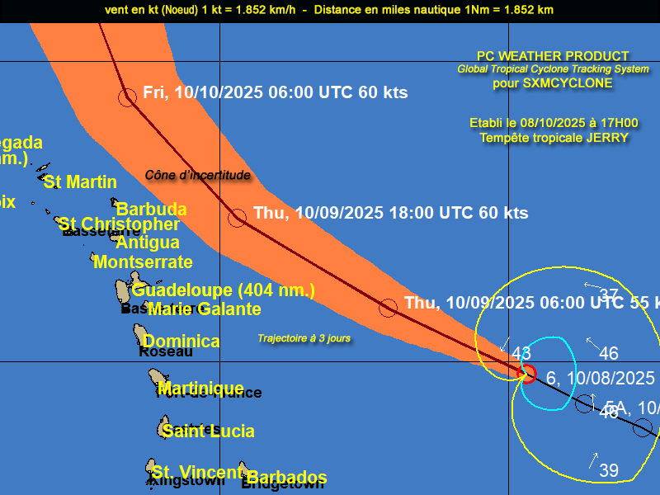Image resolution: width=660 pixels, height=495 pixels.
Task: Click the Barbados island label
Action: tap(286, 478)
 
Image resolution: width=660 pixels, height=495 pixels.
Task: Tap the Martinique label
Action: tap(200, 388)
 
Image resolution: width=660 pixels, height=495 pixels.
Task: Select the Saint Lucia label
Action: tap(208, 431)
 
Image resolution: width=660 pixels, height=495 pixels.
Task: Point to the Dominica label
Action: tap(181, 342)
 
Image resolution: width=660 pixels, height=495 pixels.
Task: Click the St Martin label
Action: tap(80, 182)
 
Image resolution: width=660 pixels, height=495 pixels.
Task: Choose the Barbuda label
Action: tap(151, 210)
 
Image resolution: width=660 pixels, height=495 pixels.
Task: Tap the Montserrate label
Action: tap(143, 262)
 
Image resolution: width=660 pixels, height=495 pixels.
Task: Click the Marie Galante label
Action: tap(204, 309)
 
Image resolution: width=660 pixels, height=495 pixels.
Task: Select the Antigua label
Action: tap(148, 243)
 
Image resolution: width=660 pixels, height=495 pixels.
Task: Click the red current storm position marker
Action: tap(526, 373)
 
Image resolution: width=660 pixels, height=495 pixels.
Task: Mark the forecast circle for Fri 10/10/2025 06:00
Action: tap(127, 97)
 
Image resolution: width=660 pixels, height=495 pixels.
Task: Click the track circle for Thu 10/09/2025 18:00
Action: tap(238, 218)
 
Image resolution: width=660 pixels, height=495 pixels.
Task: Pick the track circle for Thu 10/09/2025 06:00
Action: tap(388, 309)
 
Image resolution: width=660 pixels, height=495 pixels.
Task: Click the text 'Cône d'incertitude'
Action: tap(197, 175)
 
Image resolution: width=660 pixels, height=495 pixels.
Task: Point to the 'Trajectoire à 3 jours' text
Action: tap(304, 338)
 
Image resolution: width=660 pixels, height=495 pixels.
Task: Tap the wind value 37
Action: tap(609, 295)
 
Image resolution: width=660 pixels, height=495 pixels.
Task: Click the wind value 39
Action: tap(609, 471)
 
